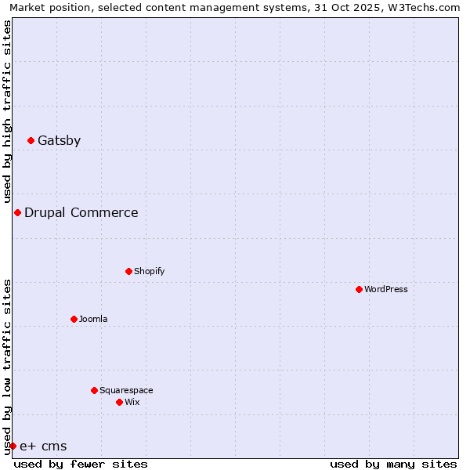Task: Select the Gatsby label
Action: click(x=59, y=141)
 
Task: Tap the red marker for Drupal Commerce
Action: click(x=17, y=213)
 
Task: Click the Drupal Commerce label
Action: click(x=81, y=213)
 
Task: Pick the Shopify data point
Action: click(x=128, y=272)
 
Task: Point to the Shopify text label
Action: click(x=149, y=272)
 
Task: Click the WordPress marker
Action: click(x=359, y=290)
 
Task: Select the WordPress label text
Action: click(x=386, y=290)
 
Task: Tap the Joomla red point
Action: click(x=74, y=320)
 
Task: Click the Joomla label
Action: click(x=93, y=320)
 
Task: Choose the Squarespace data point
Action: click(x=94, y=391)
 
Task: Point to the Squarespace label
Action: click(x=126, y=391)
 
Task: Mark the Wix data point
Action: click(x=119, y=403)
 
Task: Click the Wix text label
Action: click(x=132, y=403)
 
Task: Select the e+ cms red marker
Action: click(x=13, y=446)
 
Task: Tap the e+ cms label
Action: click(x=43, y=446)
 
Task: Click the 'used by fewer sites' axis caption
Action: click(x=81, y=464)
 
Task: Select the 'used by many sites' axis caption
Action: click(x=393, y=464)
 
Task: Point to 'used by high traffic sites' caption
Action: click(x=8, y=111)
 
